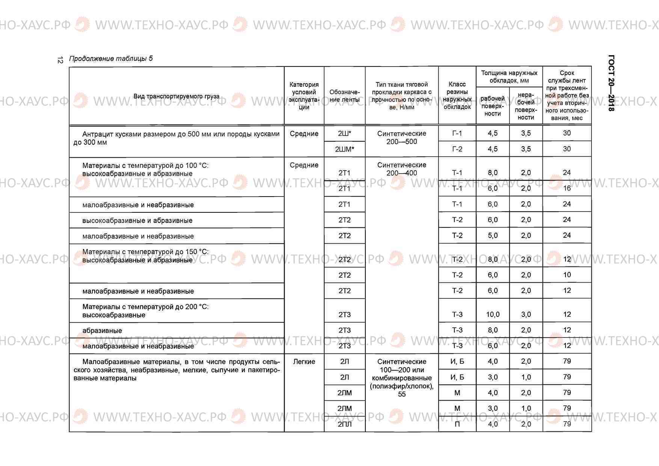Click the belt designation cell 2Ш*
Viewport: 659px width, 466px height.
pyautogui.click(x=344, y=133)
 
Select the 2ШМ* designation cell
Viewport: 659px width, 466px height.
pyautogui.click(x=344, y=149)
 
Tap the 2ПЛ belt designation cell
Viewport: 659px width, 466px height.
pyautogui.click(x=344, y=424)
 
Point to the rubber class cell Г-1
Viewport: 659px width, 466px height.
pyautogui.click(x=457, y=133)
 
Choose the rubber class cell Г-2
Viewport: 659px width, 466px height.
pyautogui.click(x=457, y=149)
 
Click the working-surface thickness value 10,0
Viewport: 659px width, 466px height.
pyautogui.click(x=493, y=315)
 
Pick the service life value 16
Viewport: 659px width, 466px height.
pyautogui.click(x=567, y=188)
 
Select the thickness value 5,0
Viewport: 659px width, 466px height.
pyautogui.click(x=493, y=236)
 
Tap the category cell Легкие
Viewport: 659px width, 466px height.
pyautogui.click(x=304, y=362)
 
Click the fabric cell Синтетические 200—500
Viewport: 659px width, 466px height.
pyautogui.click(x=401, y=138)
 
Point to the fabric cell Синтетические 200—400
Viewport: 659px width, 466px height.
pyautogui.click(x=401, y=169)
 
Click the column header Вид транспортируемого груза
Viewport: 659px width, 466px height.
pyautogui.click(x=176, y=96)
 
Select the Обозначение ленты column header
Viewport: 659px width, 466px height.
pyautogui.click(x=344, y=96)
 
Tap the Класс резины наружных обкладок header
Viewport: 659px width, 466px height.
pyautogui.click(x=457, y=95)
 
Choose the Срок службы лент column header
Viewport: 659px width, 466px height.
pyautogui.click(x=567, y=95)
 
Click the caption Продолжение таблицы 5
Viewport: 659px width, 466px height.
pyautogui.click(x=111, y=59)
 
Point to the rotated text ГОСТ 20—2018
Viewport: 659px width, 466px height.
pyautogui.click(x=611, y=83)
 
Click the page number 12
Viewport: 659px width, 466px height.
pyautogui.click(x=60, y=60)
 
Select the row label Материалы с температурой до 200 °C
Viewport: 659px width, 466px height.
pyautogui.click(x=145, y=307)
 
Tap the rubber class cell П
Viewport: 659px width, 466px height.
pyautogui.click(x=457, y=424)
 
